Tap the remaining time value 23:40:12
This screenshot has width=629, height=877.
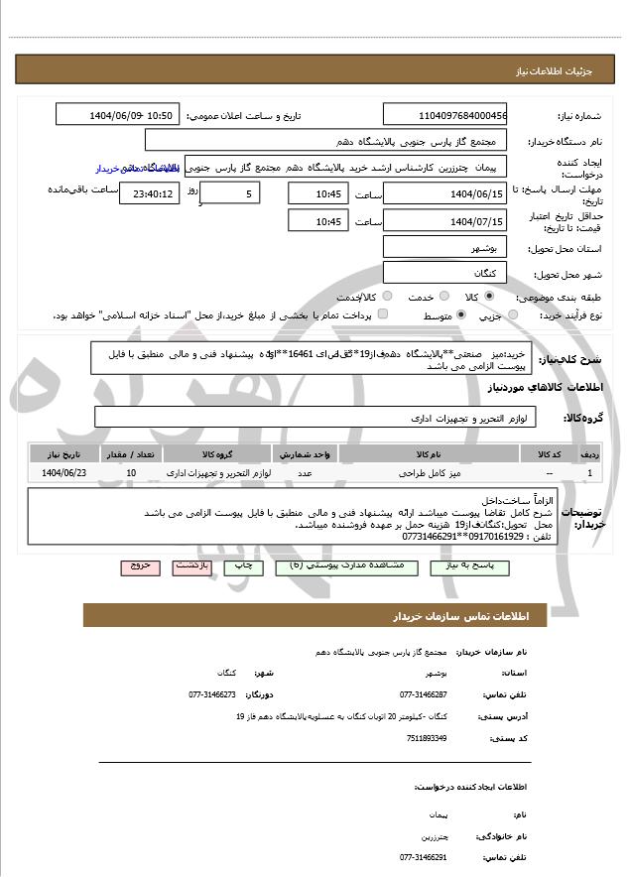(x=149, y=194)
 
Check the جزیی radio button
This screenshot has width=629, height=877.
(x=512, y=315)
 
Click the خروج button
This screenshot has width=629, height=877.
(x=140, y=566)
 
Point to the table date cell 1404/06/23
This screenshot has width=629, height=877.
(x=64, y=473)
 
